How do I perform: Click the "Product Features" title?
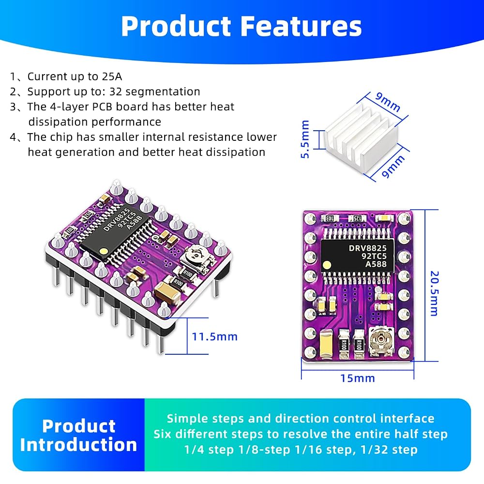242,26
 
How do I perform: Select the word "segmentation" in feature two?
163,91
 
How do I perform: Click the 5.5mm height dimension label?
304,139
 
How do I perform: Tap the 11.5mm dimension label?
215,336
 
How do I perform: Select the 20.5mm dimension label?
434,294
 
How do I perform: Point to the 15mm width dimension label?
358,378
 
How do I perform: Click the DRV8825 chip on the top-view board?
358,256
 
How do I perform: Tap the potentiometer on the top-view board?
381,341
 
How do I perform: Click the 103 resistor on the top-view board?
330,219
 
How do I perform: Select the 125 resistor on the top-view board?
357,219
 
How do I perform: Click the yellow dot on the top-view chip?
327,265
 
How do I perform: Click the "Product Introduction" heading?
79,435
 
